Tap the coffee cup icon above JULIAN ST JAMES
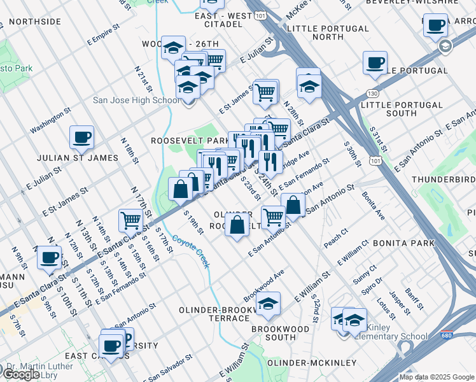pos(81,136)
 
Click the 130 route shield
pos(373,94)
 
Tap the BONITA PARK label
pos(403,243)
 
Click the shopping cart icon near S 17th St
pos(130,220)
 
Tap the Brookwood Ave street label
pos(263,281)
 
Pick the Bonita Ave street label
pos(373,206)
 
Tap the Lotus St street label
pos(386,308)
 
